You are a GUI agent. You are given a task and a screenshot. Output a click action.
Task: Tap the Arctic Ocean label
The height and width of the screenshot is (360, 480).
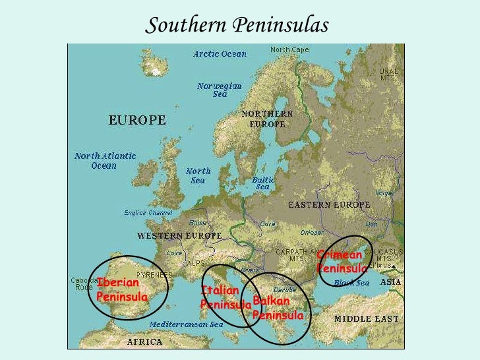[x=220, y=54]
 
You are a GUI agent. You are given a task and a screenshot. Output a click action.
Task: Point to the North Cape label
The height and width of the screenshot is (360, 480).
[x=289, y=50]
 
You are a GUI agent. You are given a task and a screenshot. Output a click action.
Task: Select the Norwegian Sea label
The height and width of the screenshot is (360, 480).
[x=220, y=90]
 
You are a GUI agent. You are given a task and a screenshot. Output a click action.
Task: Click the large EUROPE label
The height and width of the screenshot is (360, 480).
[x=137, y=121]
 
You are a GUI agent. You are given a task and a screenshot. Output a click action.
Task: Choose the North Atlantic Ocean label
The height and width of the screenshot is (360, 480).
[x=105, y=161]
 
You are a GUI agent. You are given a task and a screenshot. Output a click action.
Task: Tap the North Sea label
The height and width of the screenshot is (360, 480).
[x=198, y=175]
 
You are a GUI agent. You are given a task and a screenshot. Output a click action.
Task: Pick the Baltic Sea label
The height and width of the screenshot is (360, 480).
[x=264, y=183]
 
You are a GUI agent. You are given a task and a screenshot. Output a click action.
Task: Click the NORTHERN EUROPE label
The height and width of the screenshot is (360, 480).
[x=267, y=119]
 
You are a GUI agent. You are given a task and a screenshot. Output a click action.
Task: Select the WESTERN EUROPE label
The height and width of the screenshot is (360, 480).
[x=179, y=235]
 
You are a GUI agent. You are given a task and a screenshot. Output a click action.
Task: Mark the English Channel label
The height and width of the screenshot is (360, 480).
[x=148, y=213]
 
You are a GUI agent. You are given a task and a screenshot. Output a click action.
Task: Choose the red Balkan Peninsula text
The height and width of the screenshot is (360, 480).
[x=278, y=308]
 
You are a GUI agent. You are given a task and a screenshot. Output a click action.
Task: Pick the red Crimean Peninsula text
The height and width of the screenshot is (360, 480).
[x=342, y=262]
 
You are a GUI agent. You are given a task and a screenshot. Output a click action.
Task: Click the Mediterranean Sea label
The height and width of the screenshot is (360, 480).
[x=187, y=324]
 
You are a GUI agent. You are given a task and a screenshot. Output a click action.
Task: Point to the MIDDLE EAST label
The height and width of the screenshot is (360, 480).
[x=366, y=319]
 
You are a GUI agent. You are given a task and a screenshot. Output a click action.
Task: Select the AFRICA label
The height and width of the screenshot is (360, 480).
[x=144, y=342]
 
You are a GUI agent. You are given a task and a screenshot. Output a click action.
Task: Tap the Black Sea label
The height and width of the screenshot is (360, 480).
[x=352, y=282]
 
